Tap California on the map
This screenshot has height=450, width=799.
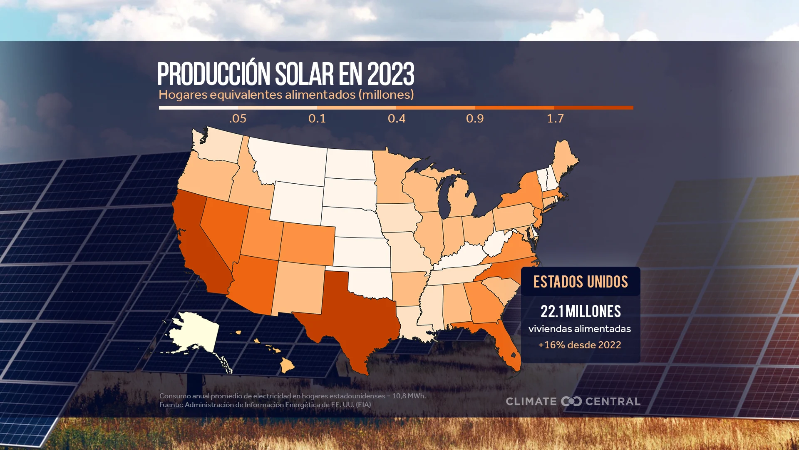200,246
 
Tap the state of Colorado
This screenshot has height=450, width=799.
308,244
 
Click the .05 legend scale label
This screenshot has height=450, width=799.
238,119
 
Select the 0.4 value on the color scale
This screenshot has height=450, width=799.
397,119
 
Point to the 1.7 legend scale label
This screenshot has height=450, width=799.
555,119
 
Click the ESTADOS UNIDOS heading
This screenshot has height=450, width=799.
581,282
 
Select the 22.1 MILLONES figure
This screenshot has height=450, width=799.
581,311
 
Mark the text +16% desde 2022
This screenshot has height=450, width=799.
579,345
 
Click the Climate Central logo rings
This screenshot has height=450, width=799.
571,401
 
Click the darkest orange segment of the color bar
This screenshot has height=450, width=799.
594,107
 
